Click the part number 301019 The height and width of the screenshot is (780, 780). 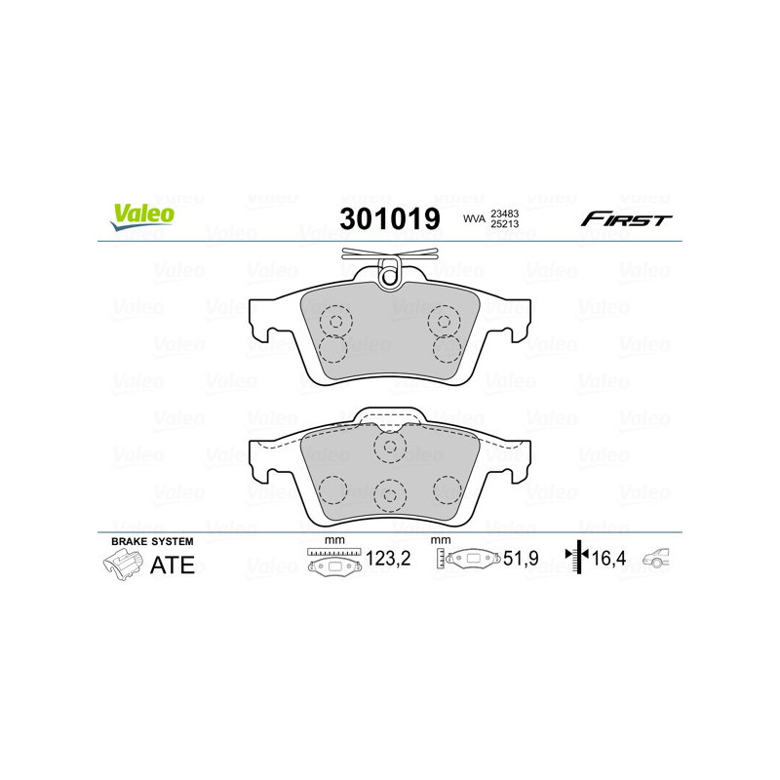pyautogui.click(x=389, y=218)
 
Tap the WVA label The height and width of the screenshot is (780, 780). pyautogui.click(x=474, y=219)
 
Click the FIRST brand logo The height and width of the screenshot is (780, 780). pyautogui.click(x=626, y=219)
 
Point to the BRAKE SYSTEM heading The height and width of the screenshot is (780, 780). pyautogui.click(x=153, y=541)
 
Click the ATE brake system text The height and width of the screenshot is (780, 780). pyautogui.click(x=171, y=565)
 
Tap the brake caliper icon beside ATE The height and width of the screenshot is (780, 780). pyautogui.click(x=121, y=564)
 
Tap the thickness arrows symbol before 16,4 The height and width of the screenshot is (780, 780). pyautogui.click(x=578, y=557)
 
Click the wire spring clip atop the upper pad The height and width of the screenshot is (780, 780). pyautogui.click(x=390, y=264)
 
